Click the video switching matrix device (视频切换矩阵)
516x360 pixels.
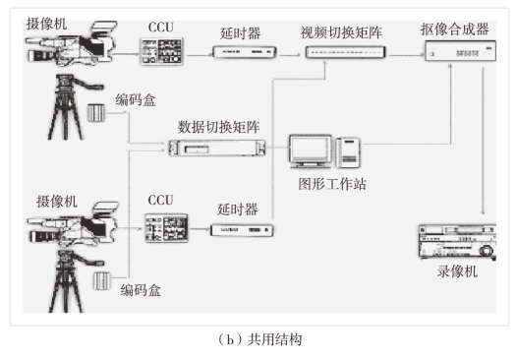[x=345, y=52]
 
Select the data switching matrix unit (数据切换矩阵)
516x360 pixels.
[x=217, y=148]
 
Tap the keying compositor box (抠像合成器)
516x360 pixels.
[x=460, y=51]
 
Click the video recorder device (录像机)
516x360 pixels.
[x=457, y=242]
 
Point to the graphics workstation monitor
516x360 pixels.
[x=311, y=151]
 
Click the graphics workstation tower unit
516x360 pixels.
[x=348, y=152]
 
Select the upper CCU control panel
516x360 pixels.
[x=161, y=51]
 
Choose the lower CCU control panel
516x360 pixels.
[x=166, y=228]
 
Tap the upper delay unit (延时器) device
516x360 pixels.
[x=245, y=52]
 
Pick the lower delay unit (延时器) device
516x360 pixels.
[x=242, y=230]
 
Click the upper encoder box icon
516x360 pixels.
[x=96, y=113]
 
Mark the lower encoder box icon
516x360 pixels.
[x=101, y=281]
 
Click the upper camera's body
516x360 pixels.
[x=71, y=45]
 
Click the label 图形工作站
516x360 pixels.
[x=332, y=184]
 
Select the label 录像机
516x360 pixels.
[x=457, y=271]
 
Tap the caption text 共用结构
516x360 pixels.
[x=274, y=339]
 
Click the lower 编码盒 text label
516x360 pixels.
[x=141, y=290]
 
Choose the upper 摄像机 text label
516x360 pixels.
[x=46, y=24]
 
